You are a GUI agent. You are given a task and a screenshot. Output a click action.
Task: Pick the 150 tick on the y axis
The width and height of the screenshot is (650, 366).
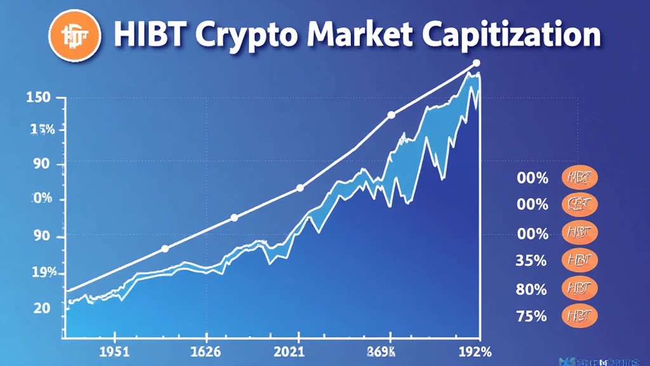coord(39,98)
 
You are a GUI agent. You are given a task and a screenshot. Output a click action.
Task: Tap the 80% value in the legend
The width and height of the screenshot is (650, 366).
coord(531,289)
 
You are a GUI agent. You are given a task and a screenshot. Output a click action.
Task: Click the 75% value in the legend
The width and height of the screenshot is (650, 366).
coord(531,315)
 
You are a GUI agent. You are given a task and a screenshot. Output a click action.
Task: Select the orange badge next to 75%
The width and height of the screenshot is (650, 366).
coord(580,315)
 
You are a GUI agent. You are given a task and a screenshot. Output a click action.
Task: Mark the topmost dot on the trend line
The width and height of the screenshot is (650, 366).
coord(477,63)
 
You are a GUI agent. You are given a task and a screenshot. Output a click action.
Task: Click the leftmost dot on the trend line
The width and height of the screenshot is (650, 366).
coord(165,248)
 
